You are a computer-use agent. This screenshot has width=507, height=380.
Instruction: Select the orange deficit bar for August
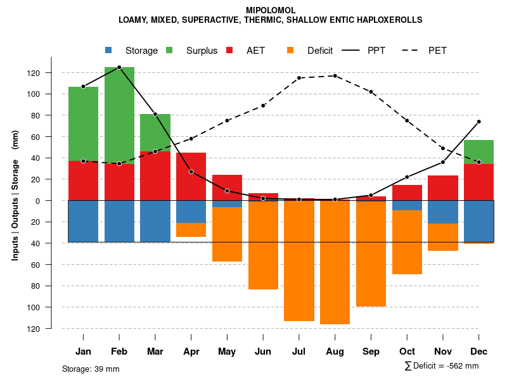pyautogui.click(x=335, y=262)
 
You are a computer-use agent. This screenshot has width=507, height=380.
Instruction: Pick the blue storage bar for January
pyautogui.click(x=83, y=221)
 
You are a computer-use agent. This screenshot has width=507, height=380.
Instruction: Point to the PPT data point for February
pyautogui.click(x=119, y=67)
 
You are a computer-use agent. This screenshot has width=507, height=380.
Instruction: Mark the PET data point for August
pyautogui.click(x=335, y=76)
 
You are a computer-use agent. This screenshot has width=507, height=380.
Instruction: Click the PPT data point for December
pyautogui.click(x=478, y=122)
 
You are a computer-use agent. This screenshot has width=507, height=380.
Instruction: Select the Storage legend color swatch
pyautogui.click(x=108, y=50)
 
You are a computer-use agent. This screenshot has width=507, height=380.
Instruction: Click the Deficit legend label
pyautogui.click(x=320, y=51)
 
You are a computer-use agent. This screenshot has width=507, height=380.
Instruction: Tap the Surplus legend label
pyautogui.click(x=202, y=51)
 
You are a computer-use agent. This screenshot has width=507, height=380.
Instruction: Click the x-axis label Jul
pyautogui.click(x=299, y=351)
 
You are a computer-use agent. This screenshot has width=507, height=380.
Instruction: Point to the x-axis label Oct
pyautogui.click(x=407, y=351)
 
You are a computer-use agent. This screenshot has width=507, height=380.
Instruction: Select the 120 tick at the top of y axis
pyautogui.click(x=51, y=73)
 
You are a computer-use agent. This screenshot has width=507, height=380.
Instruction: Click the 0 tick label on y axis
pyautogui.click(x=56, y=201)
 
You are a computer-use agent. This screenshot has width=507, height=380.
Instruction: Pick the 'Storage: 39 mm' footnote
pyautogui.click(x=91, y=369)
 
